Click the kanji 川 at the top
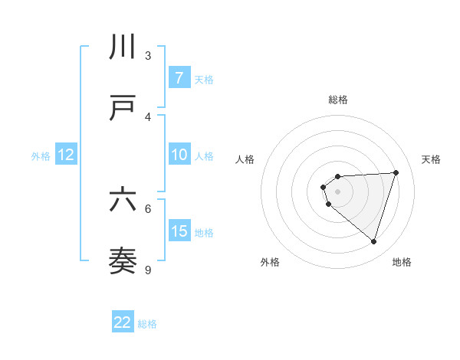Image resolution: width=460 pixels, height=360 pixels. pos(123,47)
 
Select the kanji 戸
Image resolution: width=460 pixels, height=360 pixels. pos(123,108)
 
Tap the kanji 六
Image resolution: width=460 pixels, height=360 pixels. pos(123,200)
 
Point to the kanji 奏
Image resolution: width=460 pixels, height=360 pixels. pos(123,261)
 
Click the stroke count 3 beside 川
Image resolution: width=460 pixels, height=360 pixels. pos(148,55)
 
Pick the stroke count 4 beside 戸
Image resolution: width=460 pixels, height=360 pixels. pos(148,116)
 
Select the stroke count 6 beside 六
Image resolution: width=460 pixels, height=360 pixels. pos(148,208)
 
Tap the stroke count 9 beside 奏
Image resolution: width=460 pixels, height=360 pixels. pos(148,270)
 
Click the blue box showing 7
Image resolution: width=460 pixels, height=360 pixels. pos(179,77)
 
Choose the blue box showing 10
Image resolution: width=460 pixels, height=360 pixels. pos(179,155)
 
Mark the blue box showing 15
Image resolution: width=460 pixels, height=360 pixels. pos(179,231)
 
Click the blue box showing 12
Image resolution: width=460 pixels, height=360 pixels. pos(65,155)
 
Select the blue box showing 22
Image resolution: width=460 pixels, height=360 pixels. pos(123,322)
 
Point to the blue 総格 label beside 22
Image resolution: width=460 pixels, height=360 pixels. pos(147,324)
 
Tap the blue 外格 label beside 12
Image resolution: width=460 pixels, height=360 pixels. pos(41,156)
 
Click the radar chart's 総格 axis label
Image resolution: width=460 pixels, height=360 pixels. pos(337,100)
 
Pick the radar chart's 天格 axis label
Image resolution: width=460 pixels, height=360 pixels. pos(431,159)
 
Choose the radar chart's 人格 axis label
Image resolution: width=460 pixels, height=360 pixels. pos(245,159)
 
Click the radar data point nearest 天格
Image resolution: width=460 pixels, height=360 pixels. pos(396,172)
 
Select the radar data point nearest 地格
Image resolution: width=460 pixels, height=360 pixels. pos(373,241)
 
